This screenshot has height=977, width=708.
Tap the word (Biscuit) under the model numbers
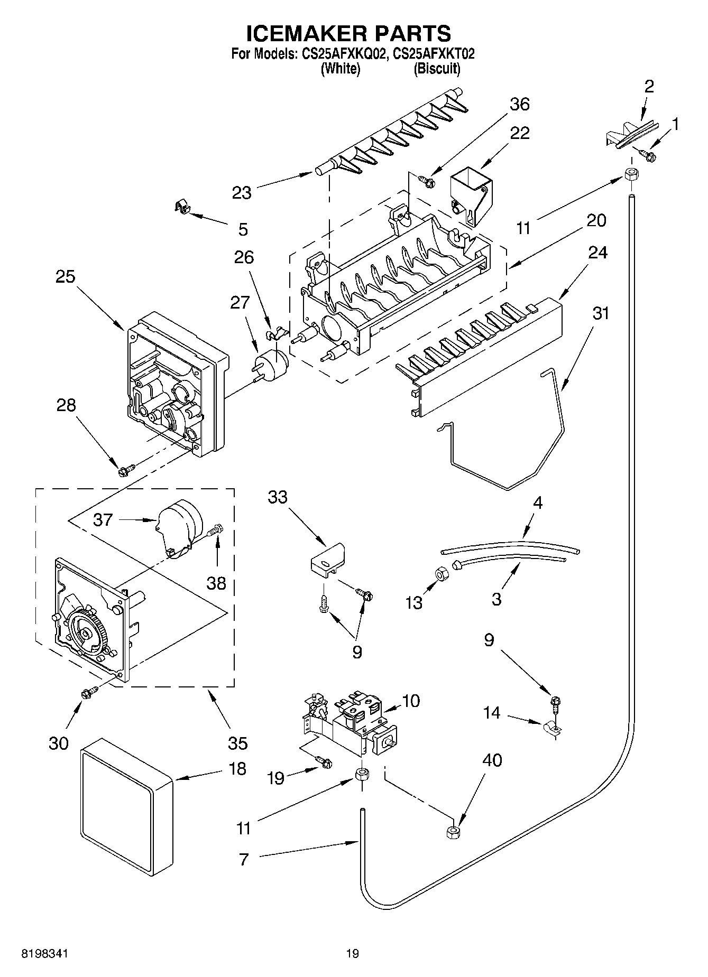(437, 69)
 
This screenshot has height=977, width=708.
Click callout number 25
(66, 277)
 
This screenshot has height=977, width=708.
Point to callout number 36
(519, 104)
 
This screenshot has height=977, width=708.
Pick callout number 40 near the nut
(492, 760)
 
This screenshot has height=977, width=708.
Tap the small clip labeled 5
(182, 207)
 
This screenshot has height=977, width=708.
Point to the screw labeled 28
(127, 468)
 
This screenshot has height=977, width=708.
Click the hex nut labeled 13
(442, 573)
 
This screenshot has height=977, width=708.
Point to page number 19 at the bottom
(352, 953)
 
